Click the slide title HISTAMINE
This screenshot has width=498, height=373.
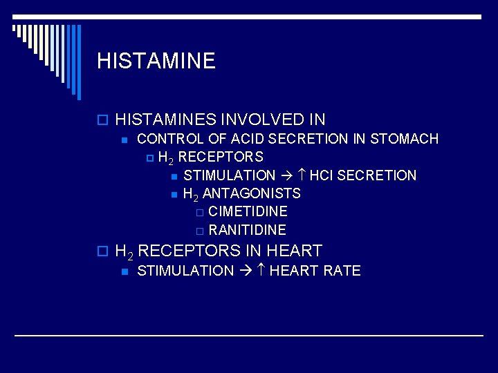(156, 61)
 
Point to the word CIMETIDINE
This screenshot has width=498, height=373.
(248, 211)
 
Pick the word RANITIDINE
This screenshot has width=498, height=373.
(247, 230)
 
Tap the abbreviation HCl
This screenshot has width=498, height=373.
(321, 175)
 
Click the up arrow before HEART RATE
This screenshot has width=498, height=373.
(262, 271)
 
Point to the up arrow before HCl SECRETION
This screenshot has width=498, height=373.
(303, 175)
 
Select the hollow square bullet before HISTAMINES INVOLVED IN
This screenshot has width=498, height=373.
(102, 120)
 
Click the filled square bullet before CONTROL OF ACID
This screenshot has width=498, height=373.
(123, 140)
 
